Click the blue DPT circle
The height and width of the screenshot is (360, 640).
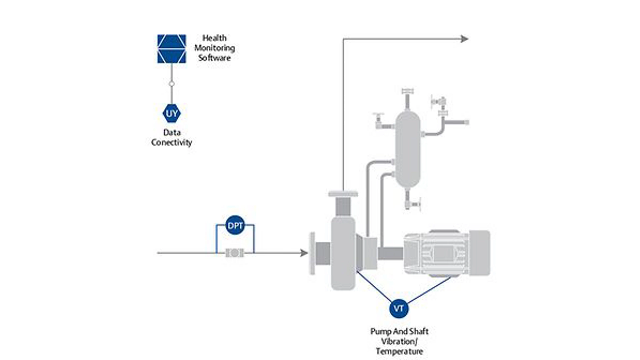coord(235,225)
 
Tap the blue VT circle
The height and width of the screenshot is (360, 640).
coord(399,308)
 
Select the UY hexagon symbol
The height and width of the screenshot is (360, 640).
coord(172,113)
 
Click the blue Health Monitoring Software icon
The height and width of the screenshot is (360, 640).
coord(172,49)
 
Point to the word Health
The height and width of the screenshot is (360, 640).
coord(214,38)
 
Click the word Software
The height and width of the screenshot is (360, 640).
coord(214,58)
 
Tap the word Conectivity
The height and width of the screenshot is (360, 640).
coord(172,143)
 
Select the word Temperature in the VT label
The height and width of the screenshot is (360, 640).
coord(399,351)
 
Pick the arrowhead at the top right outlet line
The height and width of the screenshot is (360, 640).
coord(465,39)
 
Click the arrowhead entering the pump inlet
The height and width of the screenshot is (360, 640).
coord(304,253)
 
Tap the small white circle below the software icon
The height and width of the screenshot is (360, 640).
coord(172,84)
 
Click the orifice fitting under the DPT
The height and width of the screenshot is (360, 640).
coord(235,253)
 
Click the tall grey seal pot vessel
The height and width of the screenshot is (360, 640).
coord(407,150)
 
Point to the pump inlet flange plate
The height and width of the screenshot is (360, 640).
coord(312,253)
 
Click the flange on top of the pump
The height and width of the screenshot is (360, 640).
coord(343,194)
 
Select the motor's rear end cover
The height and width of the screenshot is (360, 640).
coord(480,253)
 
